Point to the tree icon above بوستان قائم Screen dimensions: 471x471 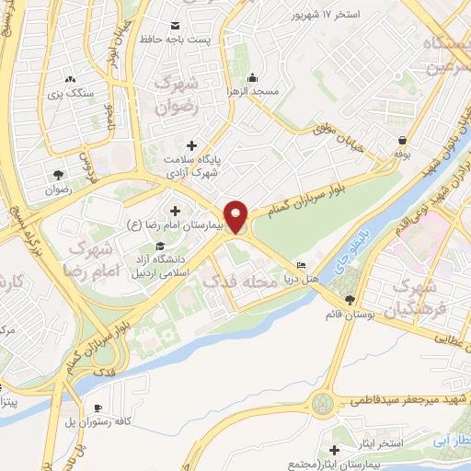pyautogui.click(x=350, y=300)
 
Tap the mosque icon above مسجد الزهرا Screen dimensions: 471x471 pyautogui.click(x=252, y=77)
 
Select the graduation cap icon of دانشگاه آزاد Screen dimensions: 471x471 pyautogui.click(x=162, y=246)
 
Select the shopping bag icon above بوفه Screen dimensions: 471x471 pyautogui.click(x=401, y=141)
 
